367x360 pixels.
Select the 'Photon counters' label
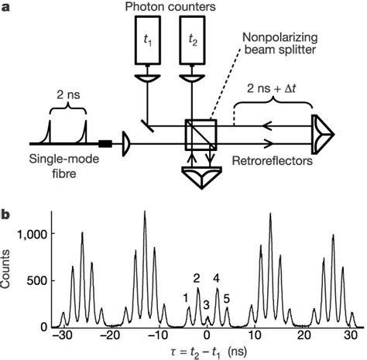pos(169,9)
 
